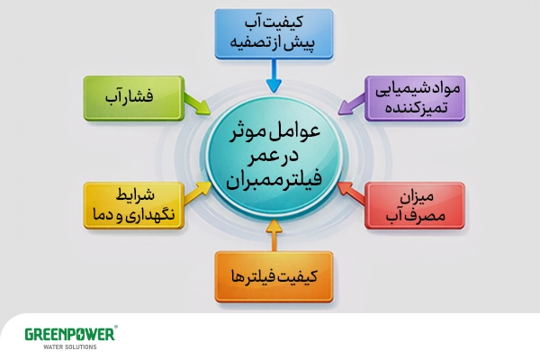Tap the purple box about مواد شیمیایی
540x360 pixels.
click(415, 98)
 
